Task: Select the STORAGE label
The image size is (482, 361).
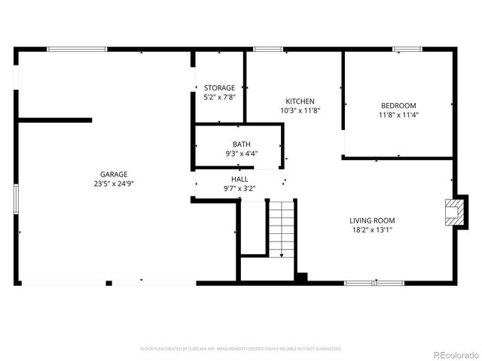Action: click(x=219, y=88)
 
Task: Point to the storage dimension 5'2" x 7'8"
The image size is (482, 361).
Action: click(x=219, y=97)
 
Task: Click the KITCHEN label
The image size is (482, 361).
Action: click(x=300, y=102)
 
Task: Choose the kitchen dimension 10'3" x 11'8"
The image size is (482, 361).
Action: click(x=300, y=111)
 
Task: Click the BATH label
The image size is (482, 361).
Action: click(x=242, y=144)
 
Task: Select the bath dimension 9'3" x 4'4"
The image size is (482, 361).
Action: click(x=242, y=153)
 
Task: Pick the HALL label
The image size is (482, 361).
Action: click(x=240, y=180)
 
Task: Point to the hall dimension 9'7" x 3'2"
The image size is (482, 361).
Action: click(x=240, y=189)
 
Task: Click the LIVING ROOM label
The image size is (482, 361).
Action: click(x=372, y=220)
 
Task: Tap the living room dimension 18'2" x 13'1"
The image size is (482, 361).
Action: click(x=372, y=229)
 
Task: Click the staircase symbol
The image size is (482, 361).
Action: click(x=282, y=229)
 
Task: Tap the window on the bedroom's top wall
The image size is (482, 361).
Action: click(x=407, y=50)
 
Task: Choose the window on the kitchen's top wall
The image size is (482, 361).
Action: click(x=267, y=50)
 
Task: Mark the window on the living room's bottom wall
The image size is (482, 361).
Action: click(x=374, y=283)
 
